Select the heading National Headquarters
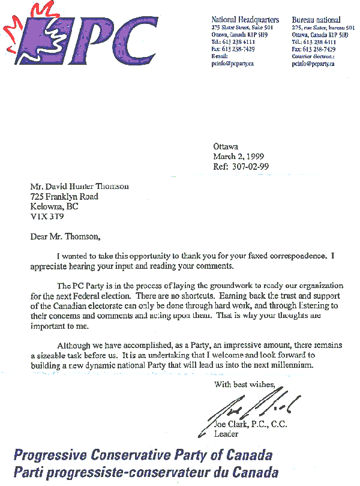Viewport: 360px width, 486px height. (245, 20)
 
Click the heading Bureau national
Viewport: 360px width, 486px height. (317, 20)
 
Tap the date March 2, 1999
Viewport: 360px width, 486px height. (239, 157)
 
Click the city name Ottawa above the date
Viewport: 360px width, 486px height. (226, 146)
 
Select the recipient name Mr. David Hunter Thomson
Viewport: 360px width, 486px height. (80, 187)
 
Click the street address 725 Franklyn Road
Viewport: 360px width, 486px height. (65, 196)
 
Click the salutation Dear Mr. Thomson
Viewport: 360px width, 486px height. (67, 236)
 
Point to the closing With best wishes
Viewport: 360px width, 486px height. (245, 385)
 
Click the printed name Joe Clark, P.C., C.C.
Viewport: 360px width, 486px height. (251, 425)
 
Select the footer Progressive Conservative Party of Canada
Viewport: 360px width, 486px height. (143, 455)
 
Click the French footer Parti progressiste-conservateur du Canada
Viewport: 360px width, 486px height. (146, 472)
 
